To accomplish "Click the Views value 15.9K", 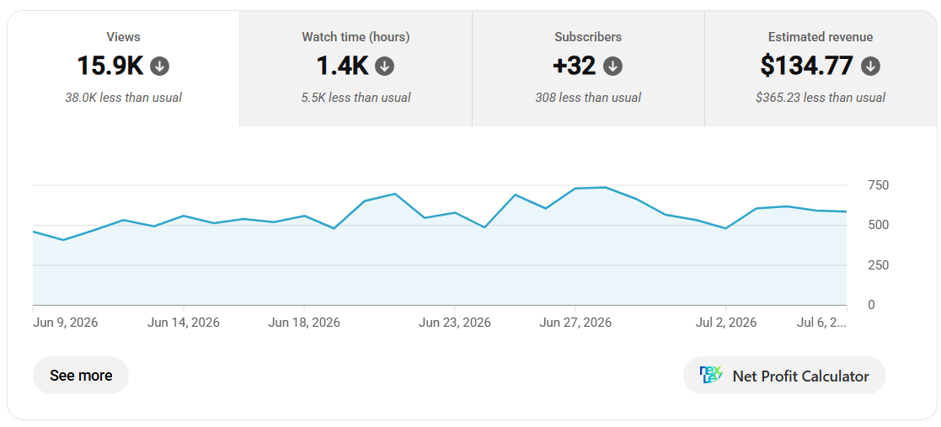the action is click(x=110, y=66).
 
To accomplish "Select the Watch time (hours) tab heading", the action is click(x=356, y=36).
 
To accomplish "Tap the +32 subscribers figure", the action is click(x=575, y=66).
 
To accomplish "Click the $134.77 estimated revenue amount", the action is click(x=806, y=66).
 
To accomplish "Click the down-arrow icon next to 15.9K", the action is click(x=159, y=66).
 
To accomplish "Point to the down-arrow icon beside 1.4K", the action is click(x=385, y=66).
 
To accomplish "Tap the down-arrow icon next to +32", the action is click(x=612, y=66).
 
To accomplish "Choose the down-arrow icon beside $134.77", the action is click(x=870, y=66).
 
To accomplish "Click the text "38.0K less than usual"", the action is click(x=124, y=97).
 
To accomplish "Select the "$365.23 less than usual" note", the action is click(x=821, y=97).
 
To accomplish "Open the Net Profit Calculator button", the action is click(x=784, y=376).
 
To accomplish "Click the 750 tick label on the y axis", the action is click(x=879, y=184).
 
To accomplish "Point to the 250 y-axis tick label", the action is click(x=879, y=264).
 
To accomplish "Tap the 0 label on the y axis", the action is click(x=871, y=305).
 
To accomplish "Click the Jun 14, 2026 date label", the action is click(x=184, y=323).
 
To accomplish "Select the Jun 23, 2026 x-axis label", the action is click(x=455, y=323).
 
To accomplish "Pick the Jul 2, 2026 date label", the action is click(x=726, y=323).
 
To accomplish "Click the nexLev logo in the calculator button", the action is click(x=712, y=376).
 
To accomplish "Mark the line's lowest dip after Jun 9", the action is click(x=63, y=240).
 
